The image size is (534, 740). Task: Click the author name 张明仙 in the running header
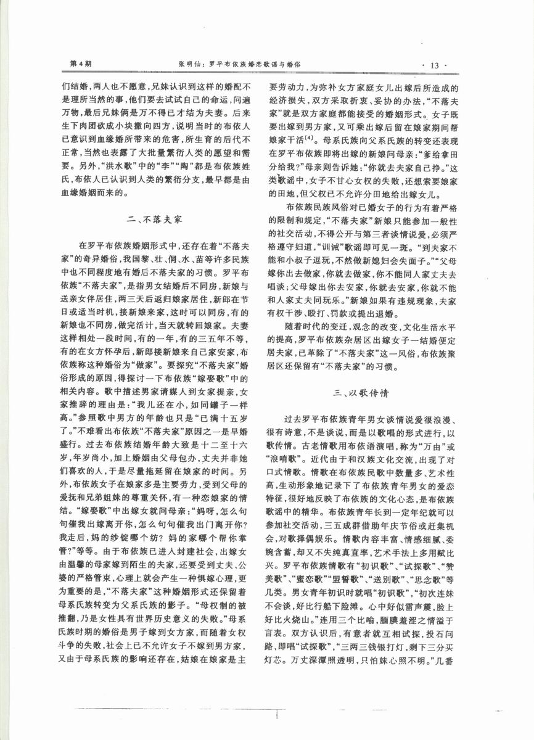pos(189,64)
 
